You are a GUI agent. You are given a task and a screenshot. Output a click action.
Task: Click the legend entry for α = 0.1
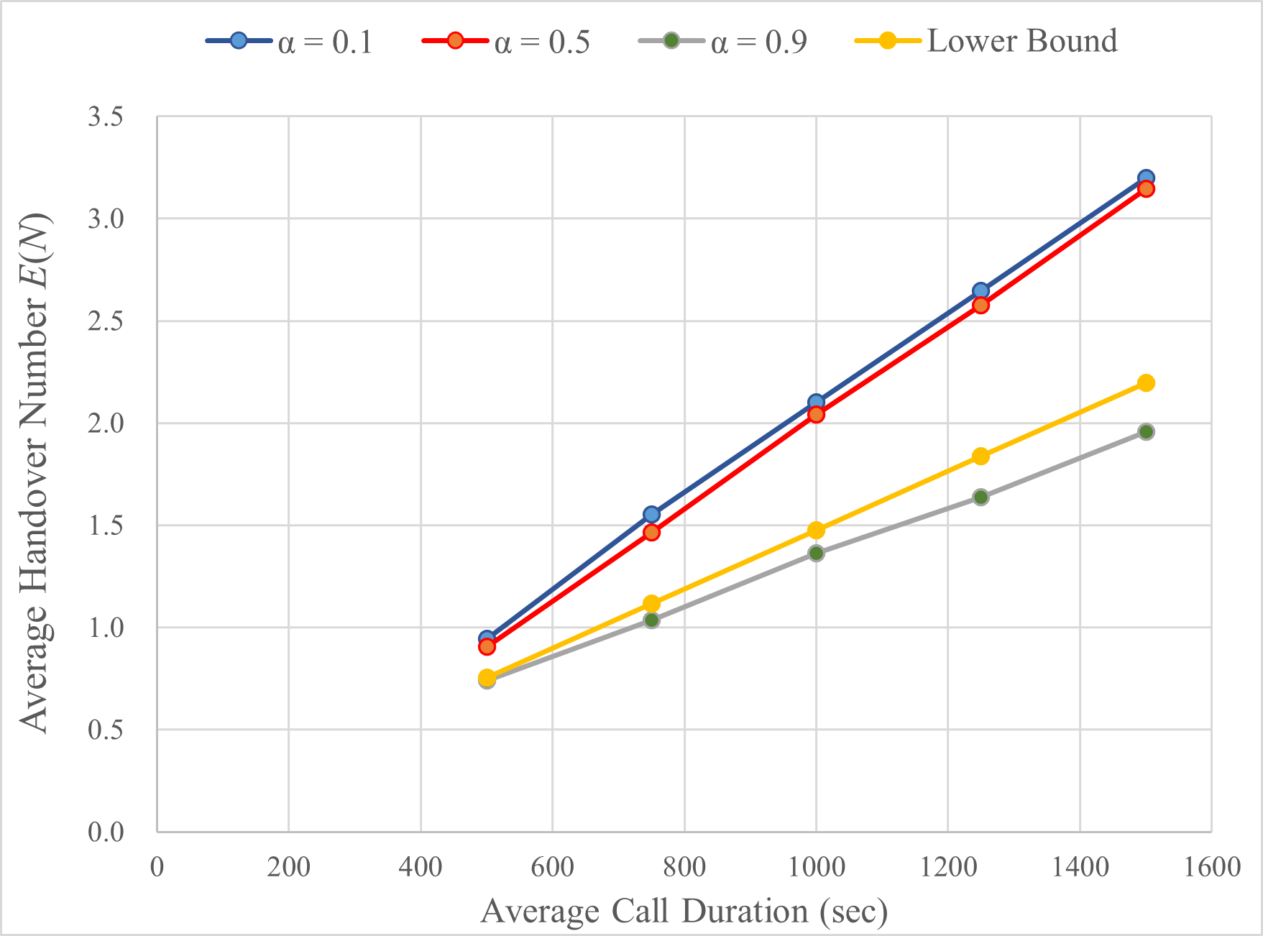[x=290, y=41]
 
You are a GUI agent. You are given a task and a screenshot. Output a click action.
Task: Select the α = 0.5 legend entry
[x=506, y=41]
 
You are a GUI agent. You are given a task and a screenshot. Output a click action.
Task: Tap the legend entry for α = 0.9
[x=723, y=41]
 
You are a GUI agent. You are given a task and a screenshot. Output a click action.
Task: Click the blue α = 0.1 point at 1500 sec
[x=1146, y=178]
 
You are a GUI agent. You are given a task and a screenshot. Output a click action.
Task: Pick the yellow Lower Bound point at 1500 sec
[x=1146, y=382]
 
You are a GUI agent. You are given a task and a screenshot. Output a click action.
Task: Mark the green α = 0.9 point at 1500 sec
[x=1146, y=431]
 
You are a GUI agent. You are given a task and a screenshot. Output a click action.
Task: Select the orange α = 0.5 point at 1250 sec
[x=980, y=305]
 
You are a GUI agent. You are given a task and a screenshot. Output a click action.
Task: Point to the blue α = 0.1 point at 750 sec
[x=651, y=514]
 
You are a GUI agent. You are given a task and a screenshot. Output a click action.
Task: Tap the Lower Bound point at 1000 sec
[x=816, y=531]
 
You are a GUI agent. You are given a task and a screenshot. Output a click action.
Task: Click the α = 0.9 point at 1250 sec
[x=980, y=497]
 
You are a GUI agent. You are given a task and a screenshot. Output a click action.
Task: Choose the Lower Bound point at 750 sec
[x=651, y=603]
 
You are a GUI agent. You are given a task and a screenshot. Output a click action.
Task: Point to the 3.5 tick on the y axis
[x=106, y=116]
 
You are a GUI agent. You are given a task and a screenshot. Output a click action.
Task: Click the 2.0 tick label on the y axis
[x=106, y=423]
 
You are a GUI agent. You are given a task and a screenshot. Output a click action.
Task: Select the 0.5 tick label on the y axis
[x=106, y=730]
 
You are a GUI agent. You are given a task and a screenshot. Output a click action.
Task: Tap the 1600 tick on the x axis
[x=1211, y=867]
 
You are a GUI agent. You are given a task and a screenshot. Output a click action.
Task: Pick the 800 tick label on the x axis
[x=684, y=867]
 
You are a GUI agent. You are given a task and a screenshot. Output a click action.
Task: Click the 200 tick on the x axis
[x=288, y=867]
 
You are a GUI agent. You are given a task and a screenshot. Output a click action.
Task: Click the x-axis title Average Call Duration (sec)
[x=684, y=912]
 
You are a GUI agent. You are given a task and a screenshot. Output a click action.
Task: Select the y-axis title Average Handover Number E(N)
[x=35, y=473]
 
